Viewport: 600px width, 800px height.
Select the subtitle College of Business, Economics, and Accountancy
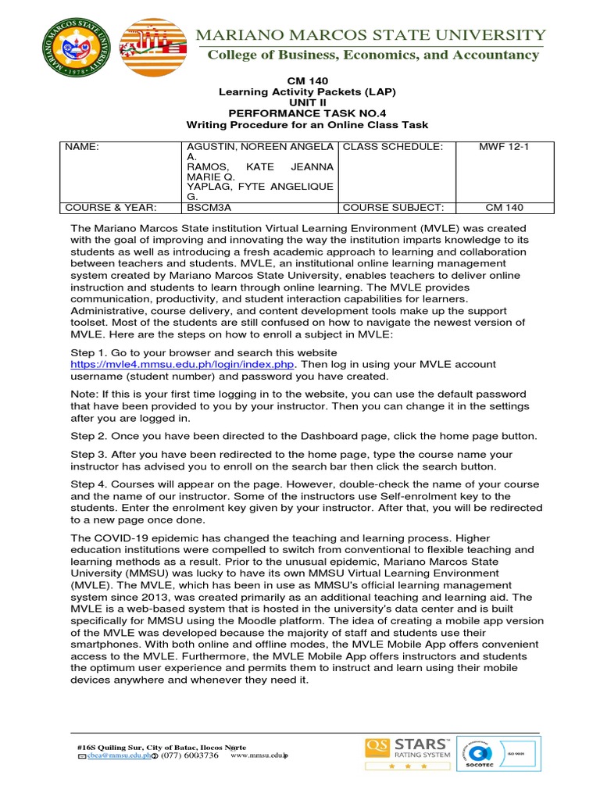(x=373, y=55)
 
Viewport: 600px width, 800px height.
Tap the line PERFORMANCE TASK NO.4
(x=307, y=113)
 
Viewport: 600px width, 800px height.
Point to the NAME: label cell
(x=81, y=147)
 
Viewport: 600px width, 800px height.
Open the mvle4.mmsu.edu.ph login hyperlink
(x=183, y=364)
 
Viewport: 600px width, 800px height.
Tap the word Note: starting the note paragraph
(x=85, y=395)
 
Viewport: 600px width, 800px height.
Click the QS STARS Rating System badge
(x=405, y=753)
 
